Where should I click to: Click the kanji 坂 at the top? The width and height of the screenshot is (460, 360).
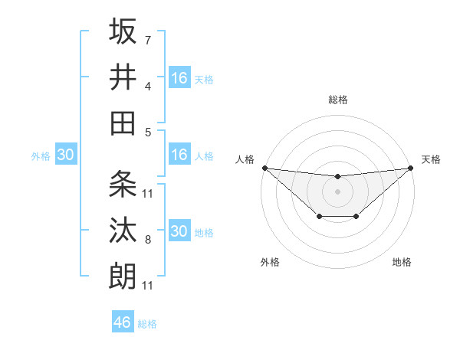pyautogui.click(x=123, y=32)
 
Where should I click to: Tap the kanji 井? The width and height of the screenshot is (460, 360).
pyautogui.click(x=123, y=77)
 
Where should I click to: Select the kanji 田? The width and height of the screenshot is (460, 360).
pyautogui.click(x=123, y=123)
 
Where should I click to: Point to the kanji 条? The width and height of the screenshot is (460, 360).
pyautogui.click(x=123, y=184)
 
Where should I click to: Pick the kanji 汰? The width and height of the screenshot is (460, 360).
pyautogui.click(x=123, y=230)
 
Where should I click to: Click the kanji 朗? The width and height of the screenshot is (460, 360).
pyautogui.click(x=123, y=276)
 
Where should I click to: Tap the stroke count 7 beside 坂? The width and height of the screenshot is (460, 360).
pyautogui.click(x=147, y=40)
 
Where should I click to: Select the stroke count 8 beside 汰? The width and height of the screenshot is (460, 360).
pyautogui.click(x=147, y=240)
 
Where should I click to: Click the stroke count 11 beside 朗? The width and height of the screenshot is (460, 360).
pyautogui.click(x=147, y=286)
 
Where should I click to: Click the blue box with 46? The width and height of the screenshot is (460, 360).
pyautogui.click(x=123, y=322)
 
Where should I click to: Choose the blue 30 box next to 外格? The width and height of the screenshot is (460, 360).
pyautogui.click(x=65, y=155)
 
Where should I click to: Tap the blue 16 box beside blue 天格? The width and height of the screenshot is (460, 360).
pyautogui.click(x=179, y=78)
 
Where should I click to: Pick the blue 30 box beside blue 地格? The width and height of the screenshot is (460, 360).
pyautogui.click(x=179, y=231)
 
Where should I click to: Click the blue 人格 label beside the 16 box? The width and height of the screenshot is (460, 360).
pyautogui.click(x=204, y=156)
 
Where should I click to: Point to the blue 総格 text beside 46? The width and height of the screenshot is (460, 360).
pyautogui.click(x=147, y=324)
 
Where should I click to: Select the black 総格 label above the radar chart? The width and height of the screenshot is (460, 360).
pyautogui.click(x=338, y=100)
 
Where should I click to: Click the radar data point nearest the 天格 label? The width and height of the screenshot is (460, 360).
pyautogui.click(x=411, y=168)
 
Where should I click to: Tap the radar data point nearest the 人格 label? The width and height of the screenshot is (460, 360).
pyautogui.click(x=264, y=168)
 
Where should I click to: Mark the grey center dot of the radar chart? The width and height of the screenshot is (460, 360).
pyautogui.click(x=337, y=191)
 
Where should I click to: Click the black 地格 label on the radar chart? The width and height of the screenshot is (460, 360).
pyautogui.click(x=402, y=262)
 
